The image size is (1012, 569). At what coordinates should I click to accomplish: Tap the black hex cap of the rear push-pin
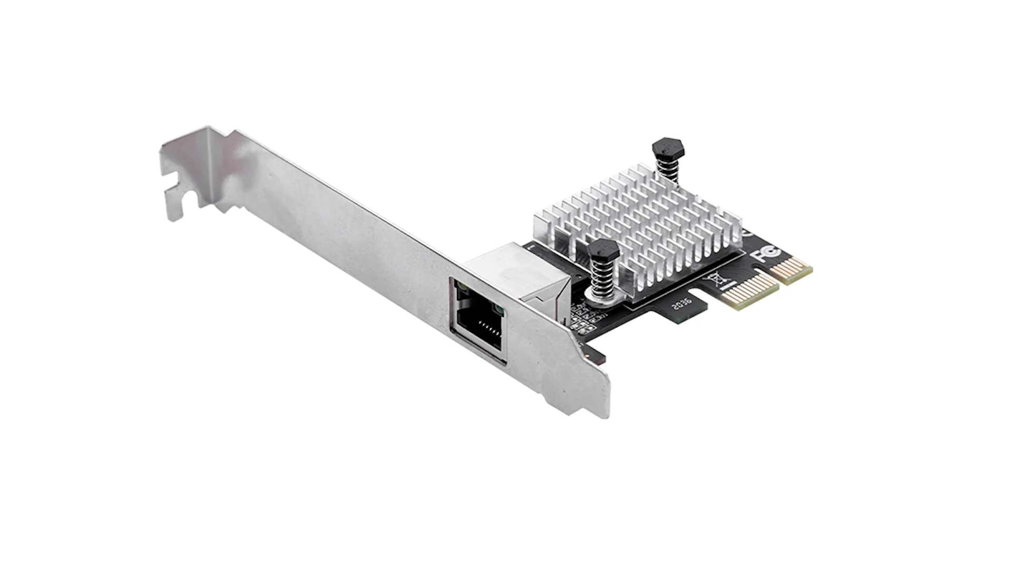point(668,148)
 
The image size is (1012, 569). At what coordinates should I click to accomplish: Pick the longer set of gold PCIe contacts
point(750,291)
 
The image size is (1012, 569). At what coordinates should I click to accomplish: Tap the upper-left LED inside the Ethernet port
point(462,287)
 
